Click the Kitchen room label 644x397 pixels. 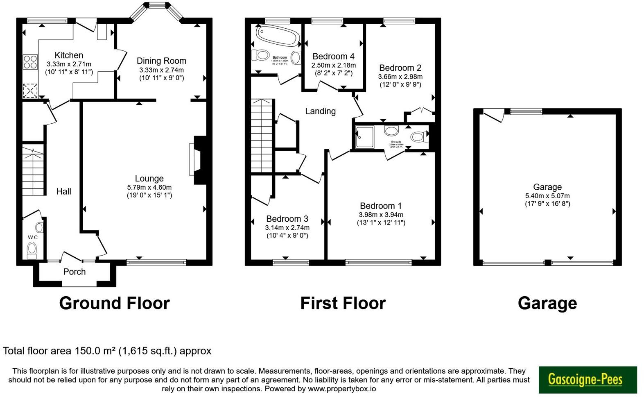point(69,55)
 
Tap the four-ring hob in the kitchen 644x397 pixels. point(30,62)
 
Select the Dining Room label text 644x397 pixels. point(161,61)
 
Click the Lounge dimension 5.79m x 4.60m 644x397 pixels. point(149,187)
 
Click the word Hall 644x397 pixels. point(64,191)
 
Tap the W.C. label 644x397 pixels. point(33,238)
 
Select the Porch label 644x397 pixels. point(75,272)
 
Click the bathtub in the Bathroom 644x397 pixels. point(276,36)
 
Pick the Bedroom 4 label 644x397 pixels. point(333,57)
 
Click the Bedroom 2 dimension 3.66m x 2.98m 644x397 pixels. point(400,77)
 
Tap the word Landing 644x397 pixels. point(320,111)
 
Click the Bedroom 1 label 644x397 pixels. point(381,206)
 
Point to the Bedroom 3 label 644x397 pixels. point(287,219)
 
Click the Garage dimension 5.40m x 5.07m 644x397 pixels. point(547,196)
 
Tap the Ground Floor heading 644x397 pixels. point(114,304)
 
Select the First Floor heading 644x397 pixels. point(343,304)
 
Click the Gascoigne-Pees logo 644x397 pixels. point(588,379)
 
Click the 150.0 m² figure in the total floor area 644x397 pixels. point(95,351)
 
